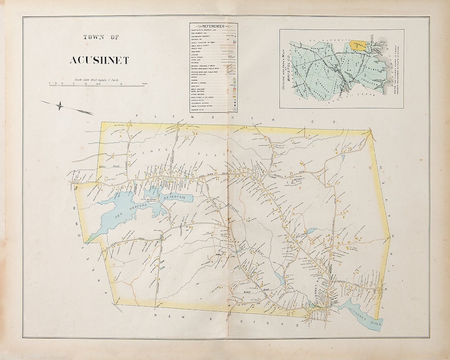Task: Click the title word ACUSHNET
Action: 99,60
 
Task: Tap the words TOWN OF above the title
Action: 101,37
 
